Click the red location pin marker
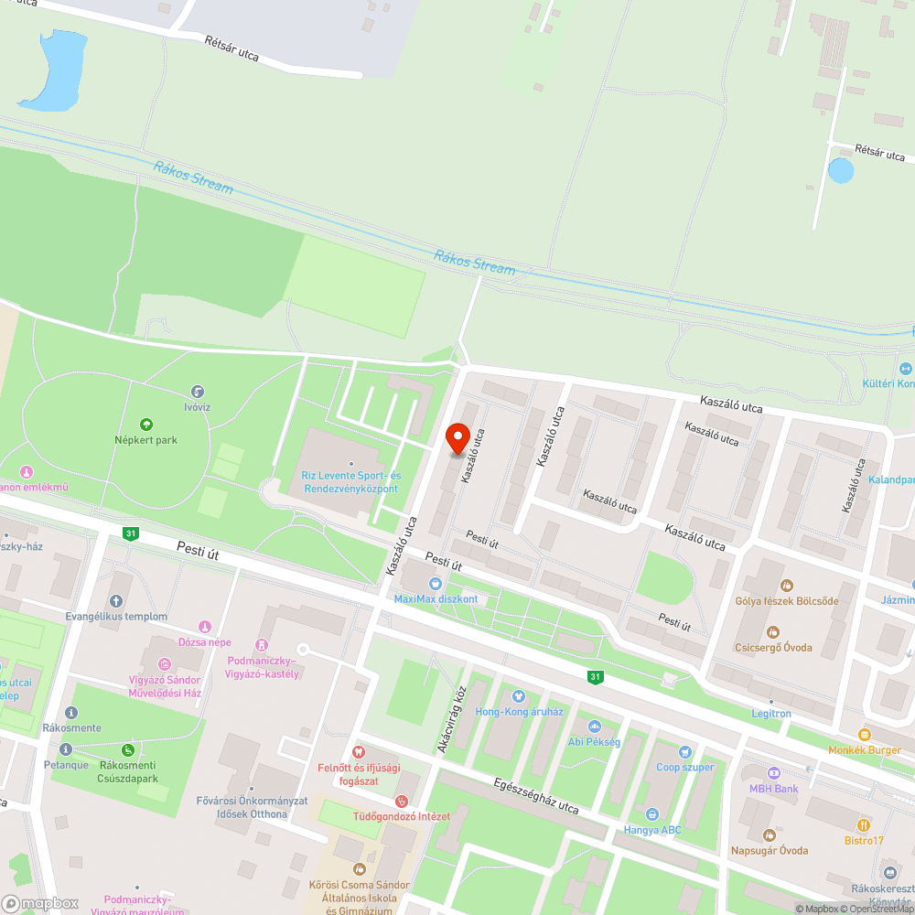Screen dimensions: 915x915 pos(457,438)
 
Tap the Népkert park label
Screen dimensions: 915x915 pos(145,440)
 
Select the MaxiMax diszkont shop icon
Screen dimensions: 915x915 pos(436,584)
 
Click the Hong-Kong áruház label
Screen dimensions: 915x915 pos(519,711)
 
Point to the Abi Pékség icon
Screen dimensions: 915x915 pos(594,727)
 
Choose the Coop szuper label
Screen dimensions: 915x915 pos(684,767)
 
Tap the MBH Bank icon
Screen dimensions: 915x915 pos(774,773)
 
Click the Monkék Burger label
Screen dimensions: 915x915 pos(864,749)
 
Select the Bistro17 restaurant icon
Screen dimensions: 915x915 pos(864,825)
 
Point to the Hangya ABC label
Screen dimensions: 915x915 pos(652,830)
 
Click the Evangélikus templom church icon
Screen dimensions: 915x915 pos(115,601)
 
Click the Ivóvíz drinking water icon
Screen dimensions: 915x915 pos(197,392)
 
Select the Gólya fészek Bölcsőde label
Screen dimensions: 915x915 pos(786,601)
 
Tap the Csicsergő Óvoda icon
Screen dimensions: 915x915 pos(773,631)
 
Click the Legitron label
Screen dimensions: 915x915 pos(770,714)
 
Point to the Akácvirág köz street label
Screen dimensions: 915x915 pos(451,719)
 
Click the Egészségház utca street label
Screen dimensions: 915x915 pos(535,796)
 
